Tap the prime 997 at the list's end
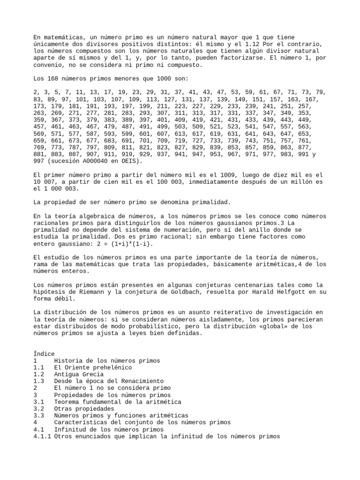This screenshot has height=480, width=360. coord(40,161)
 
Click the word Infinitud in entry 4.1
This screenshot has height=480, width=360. coord(70,429)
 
